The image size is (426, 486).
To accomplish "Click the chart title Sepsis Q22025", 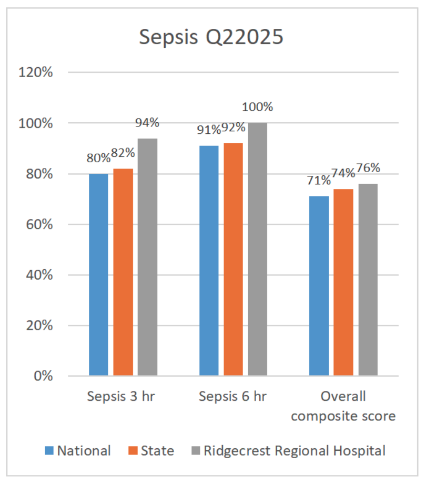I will (211, 37).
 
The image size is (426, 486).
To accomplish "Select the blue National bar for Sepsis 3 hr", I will (98, 274).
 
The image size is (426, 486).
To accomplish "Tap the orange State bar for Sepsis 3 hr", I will (123, 272).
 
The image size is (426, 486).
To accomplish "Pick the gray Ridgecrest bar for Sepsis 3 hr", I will (147, 257).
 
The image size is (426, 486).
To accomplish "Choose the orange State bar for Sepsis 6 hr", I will (233, 259).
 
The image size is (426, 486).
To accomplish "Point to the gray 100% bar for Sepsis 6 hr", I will (258, 249).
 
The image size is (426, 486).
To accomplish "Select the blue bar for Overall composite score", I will (319, 286).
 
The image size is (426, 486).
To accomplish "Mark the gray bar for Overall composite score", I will (368, 280).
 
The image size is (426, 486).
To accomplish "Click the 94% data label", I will (147, 122).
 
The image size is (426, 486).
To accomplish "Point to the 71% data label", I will (319, 181).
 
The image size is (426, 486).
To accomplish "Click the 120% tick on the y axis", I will (35, 72).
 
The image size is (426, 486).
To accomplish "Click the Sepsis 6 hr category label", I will (232, 397).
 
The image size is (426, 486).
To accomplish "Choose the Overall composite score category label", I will (343, 406).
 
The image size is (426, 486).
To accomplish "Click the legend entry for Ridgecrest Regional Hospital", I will (295, 450).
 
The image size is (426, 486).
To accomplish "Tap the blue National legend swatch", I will (49, 450).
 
